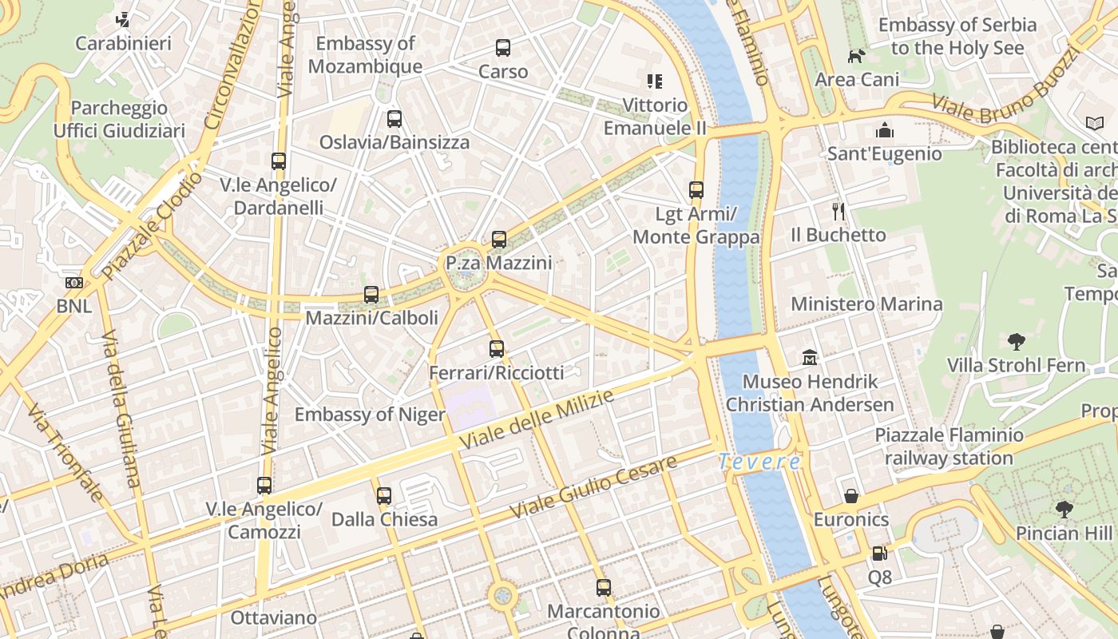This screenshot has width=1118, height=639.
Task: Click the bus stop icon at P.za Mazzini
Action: pos(499,239)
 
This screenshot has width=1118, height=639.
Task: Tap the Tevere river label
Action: pos(759,462)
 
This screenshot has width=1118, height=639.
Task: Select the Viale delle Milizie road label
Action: pos(536,420)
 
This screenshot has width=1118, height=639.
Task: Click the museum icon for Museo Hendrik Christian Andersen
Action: pos(810,357)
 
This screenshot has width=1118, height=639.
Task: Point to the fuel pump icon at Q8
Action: pos(879,553)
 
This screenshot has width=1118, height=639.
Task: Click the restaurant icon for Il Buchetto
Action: pos(838,212)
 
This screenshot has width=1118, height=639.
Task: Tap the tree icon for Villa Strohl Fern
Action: pos(1016,342)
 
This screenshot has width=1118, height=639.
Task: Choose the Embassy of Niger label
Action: pos(370,415)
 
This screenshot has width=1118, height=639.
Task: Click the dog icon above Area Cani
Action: pos(856,56)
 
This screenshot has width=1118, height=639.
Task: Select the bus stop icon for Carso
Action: pos(502,48)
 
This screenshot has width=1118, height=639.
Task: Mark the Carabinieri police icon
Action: pos(123,19)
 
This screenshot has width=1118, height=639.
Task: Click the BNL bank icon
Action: pos(73,283)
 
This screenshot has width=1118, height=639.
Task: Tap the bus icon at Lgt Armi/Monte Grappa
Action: pos(696,190)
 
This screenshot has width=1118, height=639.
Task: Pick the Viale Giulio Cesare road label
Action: pos(594,486)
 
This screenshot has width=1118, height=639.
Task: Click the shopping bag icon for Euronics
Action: pos(851,496)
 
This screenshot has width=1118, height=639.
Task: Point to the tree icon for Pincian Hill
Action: pos(1064,509)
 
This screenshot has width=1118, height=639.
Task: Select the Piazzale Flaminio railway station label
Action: pos(949,447)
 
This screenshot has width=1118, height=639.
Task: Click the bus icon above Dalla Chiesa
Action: pos(384,496)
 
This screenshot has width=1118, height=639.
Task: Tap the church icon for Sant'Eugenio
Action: pos(884,130)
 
